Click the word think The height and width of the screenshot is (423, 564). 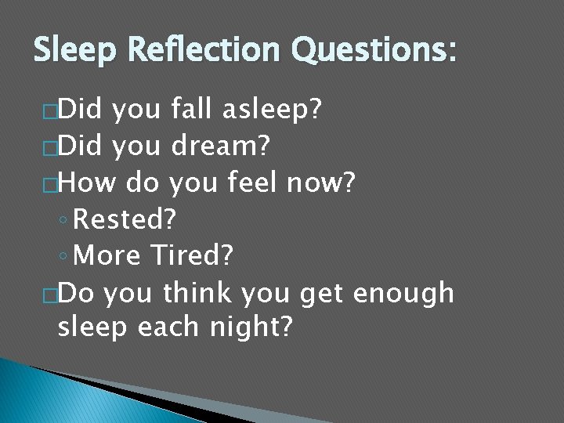click(197, 292)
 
